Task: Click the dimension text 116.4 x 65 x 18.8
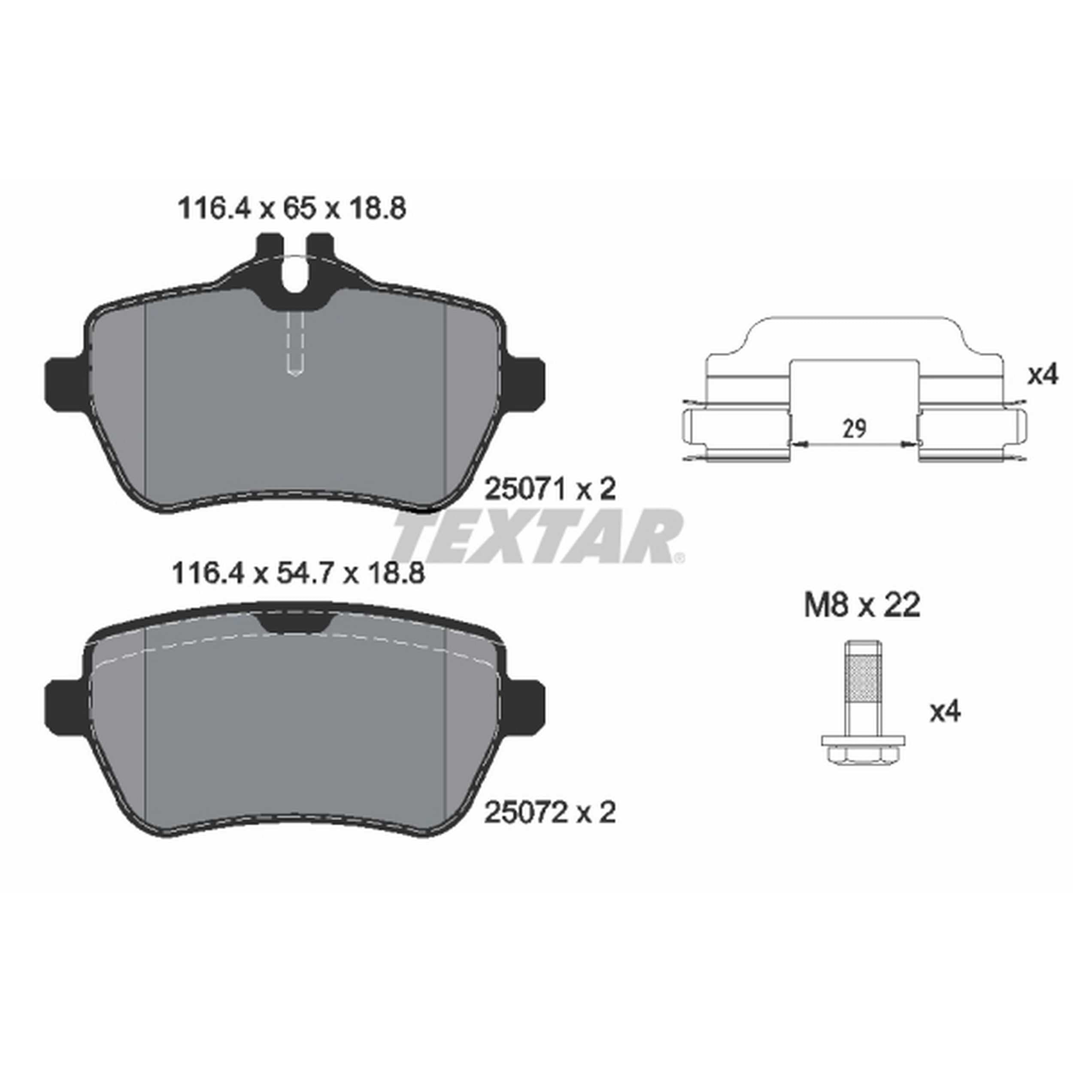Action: coord(291,209)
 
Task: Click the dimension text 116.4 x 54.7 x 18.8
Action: coord(298,574)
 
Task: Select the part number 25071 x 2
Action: coord(550,490)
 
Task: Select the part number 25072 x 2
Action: coord(550,813)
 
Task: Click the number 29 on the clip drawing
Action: coord(854,429)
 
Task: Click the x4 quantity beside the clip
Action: coord(1043,376)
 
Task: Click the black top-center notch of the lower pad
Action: coord(295,624)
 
